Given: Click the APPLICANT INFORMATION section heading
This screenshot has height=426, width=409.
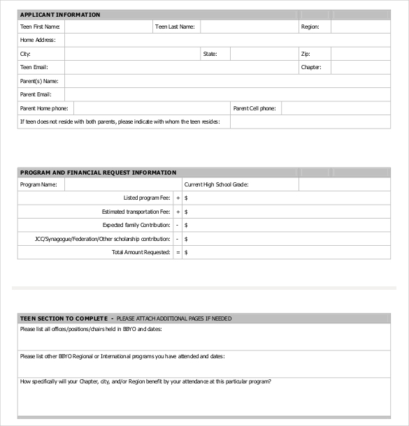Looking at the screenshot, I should tap(60, 15).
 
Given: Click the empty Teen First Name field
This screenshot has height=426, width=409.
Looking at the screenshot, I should tap(108, 27).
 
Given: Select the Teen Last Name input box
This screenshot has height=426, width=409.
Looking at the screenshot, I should tap(248, 27).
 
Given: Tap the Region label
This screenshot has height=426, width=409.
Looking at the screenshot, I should tap(310, 27).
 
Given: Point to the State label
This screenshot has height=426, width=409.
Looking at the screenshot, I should tap(210, 54).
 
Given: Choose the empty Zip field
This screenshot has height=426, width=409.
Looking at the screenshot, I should tap(360, 54).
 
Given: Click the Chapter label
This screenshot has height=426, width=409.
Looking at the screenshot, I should tap(310, 68).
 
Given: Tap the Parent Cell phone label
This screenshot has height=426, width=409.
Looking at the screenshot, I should tap(254, 108).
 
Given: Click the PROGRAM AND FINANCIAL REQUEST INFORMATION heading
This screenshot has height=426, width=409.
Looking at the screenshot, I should tap(98, 172).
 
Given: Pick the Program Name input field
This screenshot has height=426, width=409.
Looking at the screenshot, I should tap(122, 185).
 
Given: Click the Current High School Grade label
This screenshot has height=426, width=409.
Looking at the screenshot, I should tap(216, 185).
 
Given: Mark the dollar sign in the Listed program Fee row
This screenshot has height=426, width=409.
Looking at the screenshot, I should tap(186, 198).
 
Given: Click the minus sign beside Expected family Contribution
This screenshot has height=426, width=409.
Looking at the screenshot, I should tap(178, 226).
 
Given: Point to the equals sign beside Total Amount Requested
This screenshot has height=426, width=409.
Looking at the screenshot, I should tap(178, 252).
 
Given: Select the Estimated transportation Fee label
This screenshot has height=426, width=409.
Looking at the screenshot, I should tap(136, 212).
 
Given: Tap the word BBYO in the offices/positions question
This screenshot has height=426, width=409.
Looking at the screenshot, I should tap(130, 329).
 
